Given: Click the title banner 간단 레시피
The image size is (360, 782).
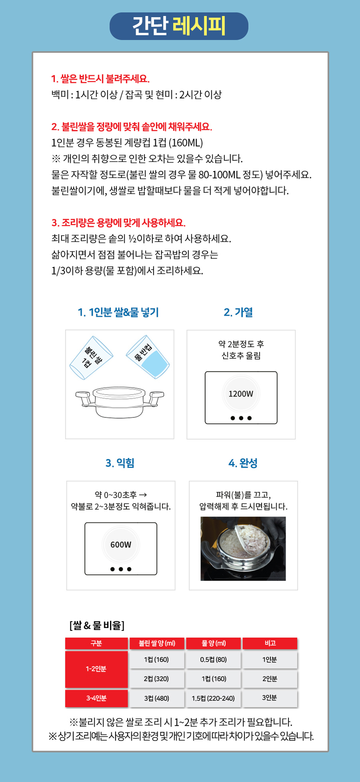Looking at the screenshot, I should [179, 26].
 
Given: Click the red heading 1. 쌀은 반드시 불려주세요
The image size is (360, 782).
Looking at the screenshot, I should [100, 79].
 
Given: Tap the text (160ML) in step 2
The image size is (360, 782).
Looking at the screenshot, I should [186, 143].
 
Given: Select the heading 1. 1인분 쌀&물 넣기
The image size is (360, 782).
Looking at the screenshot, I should [118, 312].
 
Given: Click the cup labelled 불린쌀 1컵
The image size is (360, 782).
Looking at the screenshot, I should [91, 358].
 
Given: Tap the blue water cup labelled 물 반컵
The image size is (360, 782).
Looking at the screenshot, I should [148, 357].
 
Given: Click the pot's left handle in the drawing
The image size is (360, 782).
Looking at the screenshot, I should [83, 396].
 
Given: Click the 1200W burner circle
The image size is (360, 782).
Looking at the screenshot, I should [241, 394].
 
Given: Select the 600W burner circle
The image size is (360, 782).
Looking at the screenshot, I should [121, 545].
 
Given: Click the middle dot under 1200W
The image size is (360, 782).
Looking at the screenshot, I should [241, 418].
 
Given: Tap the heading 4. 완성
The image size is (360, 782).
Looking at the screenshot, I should [243, 463].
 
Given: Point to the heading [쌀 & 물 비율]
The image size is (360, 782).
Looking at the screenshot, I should [97, 625].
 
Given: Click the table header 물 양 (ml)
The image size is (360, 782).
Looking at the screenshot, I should [213, 643].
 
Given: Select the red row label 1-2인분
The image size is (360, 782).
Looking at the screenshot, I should [96, 669].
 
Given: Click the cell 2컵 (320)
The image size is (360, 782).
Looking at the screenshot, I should [156, 679].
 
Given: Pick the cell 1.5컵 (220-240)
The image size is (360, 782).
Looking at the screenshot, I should [213, 698].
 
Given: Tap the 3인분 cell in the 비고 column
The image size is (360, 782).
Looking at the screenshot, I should [270, 698].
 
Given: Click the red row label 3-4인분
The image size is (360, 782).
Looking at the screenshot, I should [96, 698].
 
